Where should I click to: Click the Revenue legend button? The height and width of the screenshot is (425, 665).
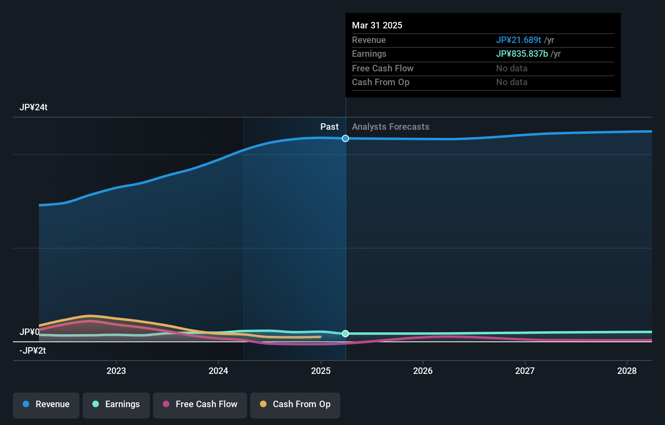(46, 405)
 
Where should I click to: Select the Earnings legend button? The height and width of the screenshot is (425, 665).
(116, 405)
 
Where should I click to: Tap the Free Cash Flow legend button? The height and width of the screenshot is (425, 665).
(200, 405)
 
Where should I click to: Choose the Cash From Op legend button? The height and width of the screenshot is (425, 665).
(295, 405)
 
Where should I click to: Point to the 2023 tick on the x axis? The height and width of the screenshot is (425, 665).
(116, 371)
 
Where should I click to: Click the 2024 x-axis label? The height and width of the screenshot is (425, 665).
(218, 371)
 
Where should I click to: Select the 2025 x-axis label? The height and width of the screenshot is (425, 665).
(321, 371)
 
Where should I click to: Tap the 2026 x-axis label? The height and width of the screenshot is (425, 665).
(423, 371)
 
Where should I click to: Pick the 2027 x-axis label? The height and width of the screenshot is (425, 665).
(525, 371)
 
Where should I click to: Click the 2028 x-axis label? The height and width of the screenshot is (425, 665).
(627, 371)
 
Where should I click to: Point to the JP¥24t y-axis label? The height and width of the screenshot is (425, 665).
(34, 107)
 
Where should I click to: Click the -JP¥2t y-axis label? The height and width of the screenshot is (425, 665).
(32, 351)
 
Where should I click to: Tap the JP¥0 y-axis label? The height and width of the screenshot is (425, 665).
(30, 332)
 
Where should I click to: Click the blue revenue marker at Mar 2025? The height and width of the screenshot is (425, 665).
(345, 139)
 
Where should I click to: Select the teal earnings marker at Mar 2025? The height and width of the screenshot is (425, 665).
(345, 333)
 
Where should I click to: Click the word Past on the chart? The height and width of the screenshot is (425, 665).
(329, 127)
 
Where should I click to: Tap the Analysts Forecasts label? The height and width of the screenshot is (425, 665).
(390, 127)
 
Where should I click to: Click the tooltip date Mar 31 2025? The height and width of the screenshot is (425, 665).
(377, 26)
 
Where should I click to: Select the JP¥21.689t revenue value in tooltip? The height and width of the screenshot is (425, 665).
(518, 40)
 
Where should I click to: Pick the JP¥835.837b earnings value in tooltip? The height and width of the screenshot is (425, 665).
(522, 54)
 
